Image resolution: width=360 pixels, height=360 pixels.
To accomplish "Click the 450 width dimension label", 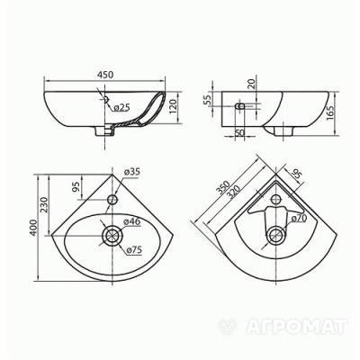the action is [x=105, y=75].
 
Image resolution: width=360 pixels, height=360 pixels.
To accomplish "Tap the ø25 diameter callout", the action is [x=121, y=107].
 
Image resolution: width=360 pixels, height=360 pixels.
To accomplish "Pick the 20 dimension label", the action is [x=251, y=83].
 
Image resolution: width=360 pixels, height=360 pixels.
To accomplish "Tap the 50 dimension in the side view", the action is [x=239, y=132].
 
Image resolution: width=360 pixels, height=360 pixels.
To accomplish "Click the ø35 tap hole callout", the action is [x=131, y=172].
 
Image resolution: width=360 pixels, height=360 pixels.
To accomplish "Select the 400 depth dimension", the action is [x=33, y=229].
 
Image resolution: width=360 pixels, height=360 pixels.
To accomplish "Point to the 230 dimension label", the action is [x=45, y=204].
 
